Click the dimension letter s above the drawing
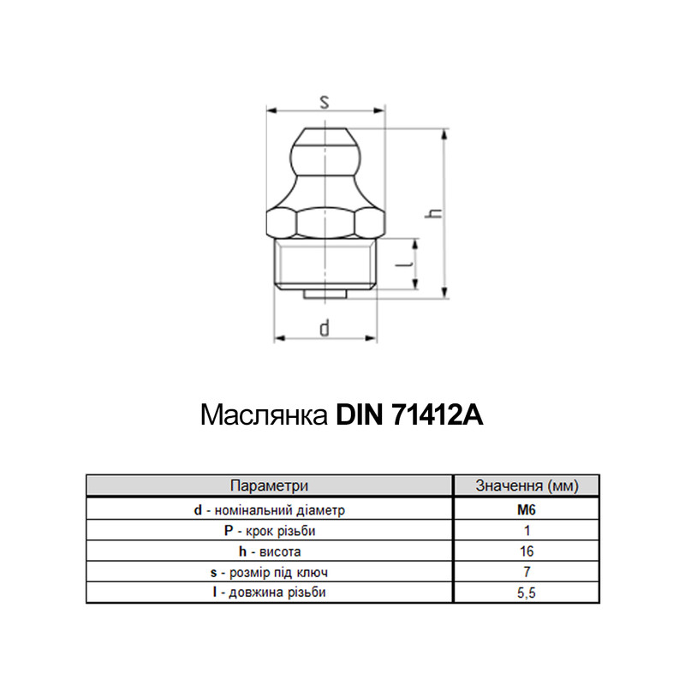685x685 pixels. tap(325, 102)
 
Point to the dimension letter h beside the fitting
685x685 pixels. tap(435, 213)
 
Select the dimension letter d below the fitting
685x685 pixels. tap(325, 328)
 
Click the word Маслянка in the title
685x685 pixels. tap(265, 414)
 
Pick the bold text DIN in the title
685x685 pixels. tap(359, 414)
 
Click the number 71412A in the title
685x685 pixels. tap(438, 414)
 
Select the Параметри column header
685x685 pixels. tap(269, 485)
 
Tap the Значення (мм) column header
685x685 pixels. tap(527, 485)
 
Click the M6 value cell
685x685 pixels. tap(527, 509)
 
